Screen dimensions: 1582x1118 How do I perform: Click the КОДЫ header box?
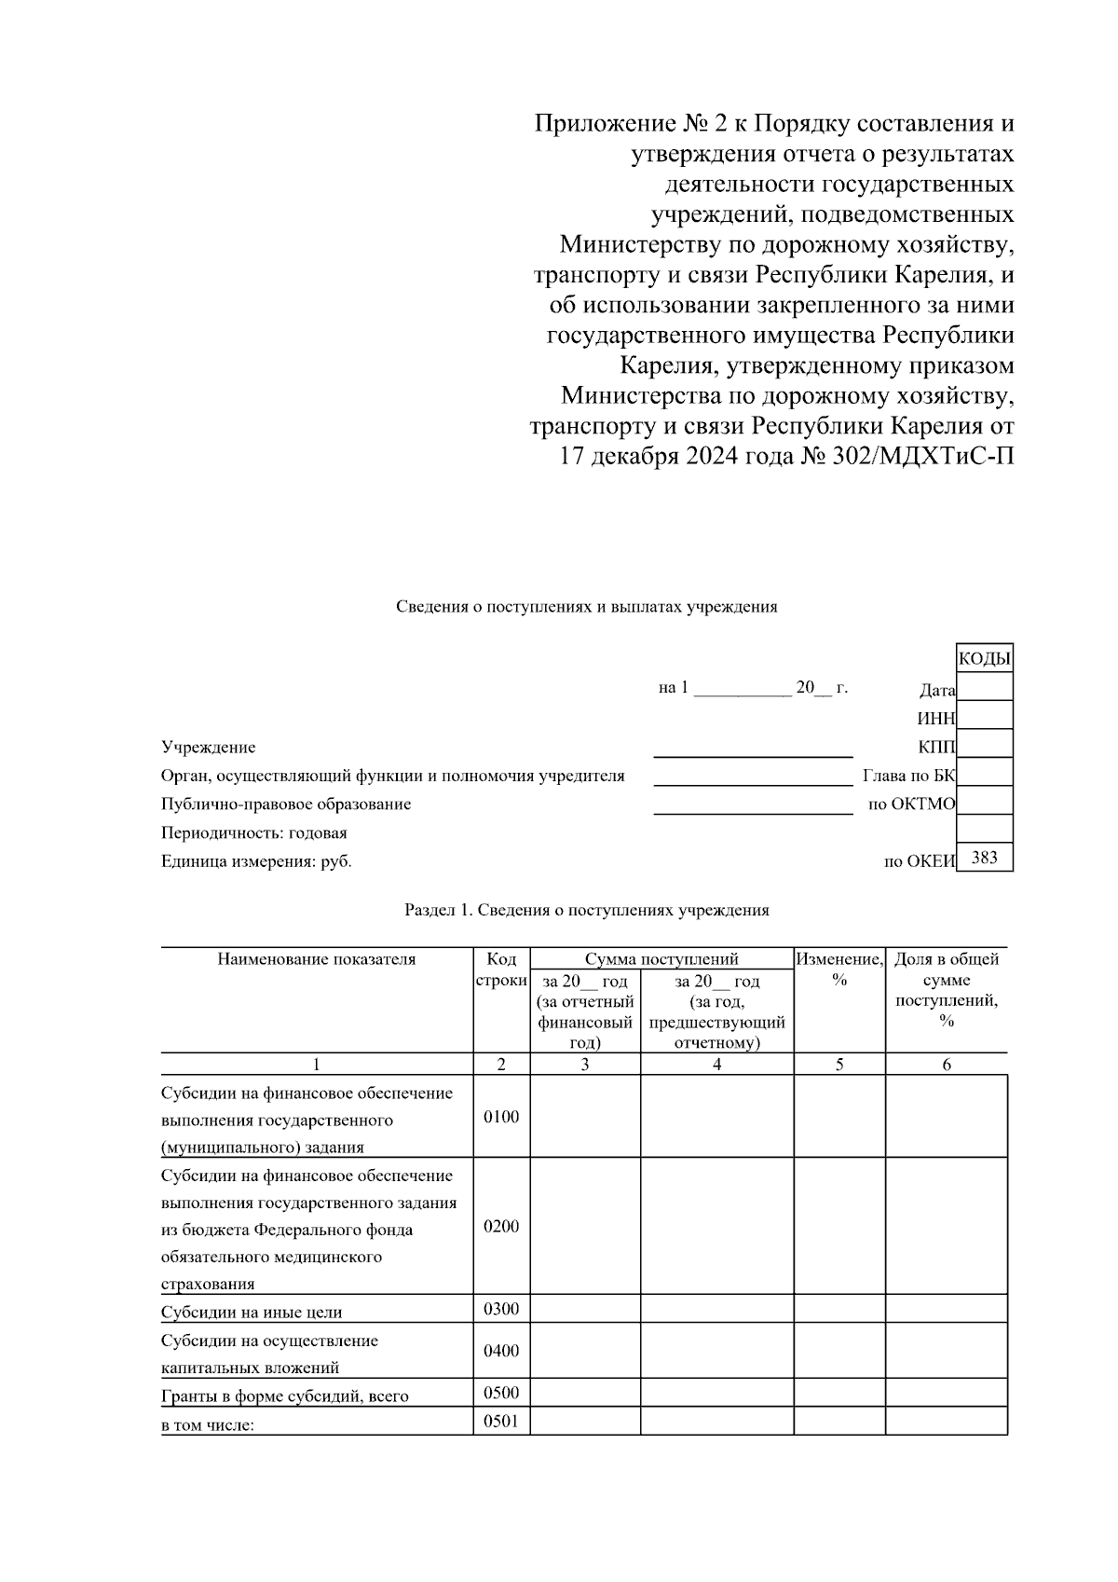tap(985, 659)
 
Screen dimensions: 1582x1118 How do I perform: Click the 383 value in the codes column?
tap(985, 858)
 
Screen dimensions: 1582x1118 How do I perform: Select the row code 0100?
tap(501, 1117)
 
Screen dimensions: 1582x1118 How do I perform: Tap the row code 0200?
tap(501, 1226)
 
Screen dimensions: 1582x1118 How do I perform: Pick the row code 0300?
tap(501, 1309)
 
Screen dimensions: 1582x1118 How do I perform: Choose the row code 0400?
tap(501, 1351)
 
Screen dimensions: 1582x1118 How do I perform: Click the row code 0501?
tap(501, 1422)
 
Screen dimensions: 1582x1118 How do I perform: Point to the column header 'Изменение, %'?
tap(839, 969)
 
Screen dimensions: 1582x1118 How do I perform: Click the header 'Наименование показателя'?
tap(316, 959)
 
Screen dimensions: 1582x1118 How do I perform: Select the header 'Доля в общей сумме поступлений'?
tap(947, 989)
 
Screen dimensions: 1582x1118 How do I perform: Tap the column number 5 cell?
tap(839, 1065)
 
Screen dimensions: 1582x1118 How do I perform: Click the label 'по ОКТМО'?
tap(911, 805)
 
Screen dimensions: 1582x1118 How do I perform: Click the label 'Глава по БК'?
tap(909, 776)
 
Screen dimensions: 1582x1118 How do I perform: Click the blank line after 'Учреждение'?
tap(753, 748)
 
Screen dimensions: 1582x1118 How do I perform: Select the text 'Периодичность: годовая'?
tap(253, 832)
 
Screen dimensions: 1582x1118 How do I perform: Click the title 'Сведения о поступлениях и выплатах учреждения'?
tap(586, 607)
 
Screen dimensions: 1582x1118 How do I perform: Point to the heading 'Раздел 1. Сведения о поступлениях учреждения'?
tap(586, 910)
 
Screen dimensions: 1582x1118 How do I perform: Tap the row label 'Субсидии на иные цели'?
tap(252, 1312)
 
